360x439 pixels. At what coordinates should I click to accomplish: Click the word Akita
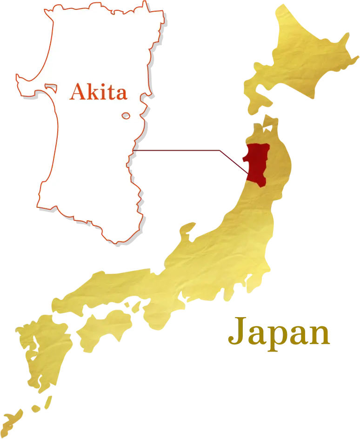[x=98, y=93]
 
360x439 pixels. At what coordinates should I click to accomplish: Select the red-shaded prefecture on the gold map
[x=257, y=164]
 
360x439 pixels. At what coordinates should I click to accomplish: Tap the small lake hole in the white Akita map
[x=126, y=116]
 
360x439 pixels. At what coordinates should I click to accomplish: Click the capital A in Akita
[x=77, y=93]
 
